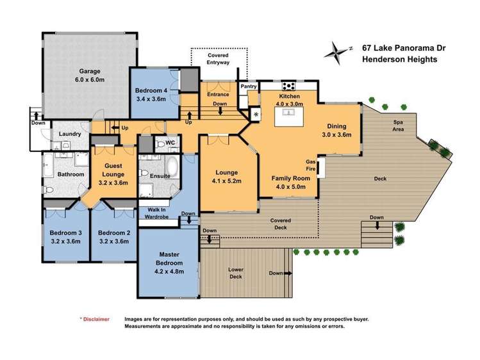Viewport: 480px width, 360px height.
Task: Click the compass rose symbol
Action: pos(337,53)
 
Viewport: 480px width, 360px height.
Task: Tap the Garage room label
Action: pos(90,71)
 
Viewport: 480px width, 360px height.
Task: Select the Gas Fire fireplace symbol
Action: pos(321,167)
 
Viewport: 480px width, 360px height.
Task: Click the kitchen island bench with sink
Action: pos(289,116)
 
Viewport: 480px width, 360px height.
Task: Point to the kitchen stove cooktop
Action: pos(288,86)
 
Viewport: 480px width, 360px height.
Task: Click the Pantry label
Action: pos(248,86)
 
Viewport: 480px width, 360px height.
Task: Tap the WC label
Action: pos(170,143)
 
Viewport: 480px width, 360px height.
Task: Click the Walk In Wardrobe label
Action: pos(156,213)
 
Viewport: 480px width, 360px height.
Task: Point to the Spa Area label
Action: pos(398,126)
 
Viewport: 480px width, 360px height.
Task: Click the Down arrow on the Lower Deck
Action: pos(288,273)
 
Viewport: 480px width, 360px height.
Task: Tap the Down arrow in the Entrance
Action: pos(220,111)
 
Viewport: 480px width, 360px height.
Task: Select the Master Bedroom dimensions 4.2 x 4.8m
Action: pos(169,272)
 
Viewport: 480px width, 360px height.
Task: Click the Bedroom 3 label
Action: pos(66,233)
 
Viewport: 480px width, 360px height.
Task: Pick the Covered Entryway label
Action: pos(218,59)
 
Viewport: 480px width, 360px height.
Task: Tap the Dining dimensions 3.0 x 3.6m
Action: pos(336,135)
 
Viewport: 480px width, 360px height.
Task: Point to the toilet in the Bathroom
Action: pos(49,190)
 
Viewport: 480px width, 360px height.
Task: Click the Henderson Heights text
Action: pos(399,60)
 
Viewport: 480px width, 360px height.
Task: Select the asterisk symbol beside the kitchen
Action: pos(256,115)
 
